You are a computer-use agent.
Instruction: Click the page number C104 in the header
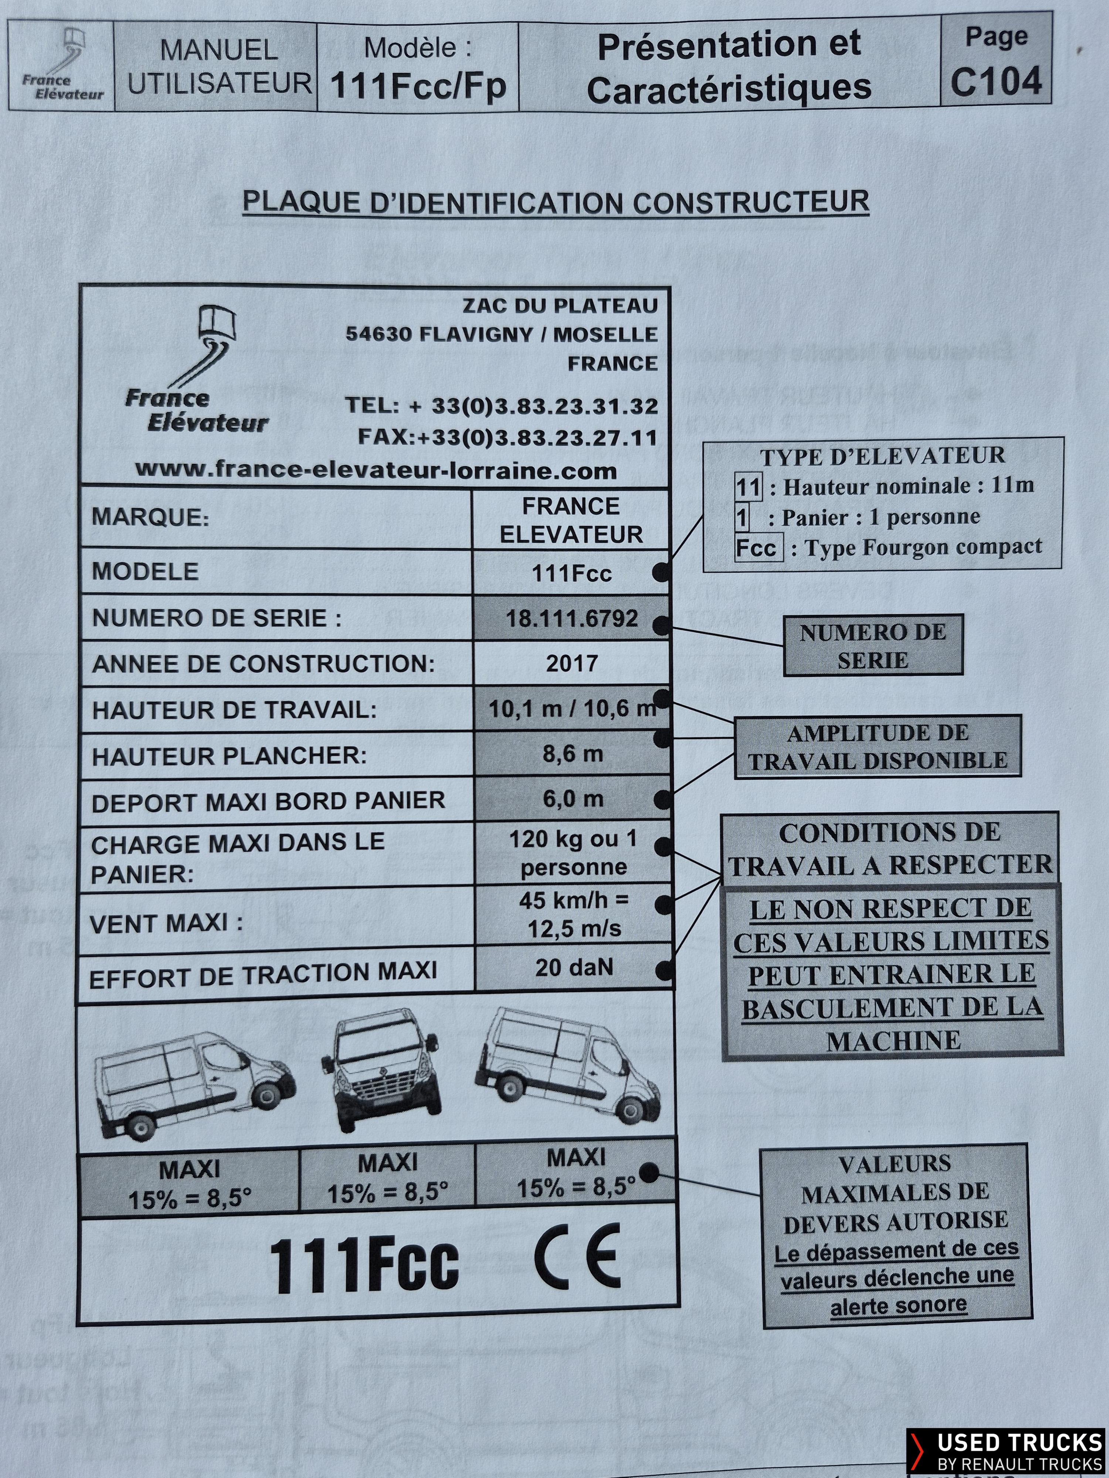pos(996,82)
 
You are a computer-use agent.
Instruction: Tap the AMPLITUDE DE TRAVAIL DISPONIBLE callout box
pos(878,746)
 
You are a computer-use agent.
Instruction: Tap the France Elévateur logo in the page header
pos(61,65)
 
